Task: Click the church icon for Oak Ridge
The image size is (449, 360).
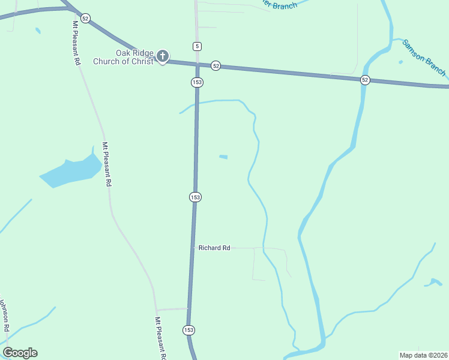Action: pyautogui.click(x=162, y=57)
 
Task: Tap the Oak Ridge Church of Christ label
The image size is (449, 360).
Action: pyautogui.click(x=124, y=57)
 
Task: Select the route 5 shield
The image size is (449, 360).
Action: pyautogui.click(x=197, y=46)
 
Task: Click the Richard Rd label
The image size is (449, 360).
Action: pyautogui.click(x=214, y=247)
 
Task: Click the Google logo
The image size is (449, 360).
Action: pyautogui.click(x=20, y=352)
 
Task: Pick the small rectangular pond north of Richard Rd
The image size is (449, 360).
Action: pyautogui.click(x=223, y=157)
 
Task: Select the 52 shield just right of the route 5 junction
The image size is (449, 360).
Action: pyautogui.click(x=216, y=65)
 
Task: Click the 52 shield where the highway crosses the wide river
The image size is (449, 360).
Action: pyautogui.click(x=365, y=80)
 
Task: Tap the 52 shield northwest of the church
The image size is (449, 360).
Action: pyautogui.click(x=85, y=19)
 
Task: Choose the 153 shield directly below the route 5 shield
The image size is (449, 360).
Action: pyautogui.click(x=197, y=82)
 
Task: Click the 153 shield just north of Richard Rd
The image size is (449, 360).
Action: pyautogui.click(x=194, y=197)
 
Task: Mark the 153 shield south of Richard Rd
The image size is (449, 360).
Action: pyautogui.click(x=188, y=330)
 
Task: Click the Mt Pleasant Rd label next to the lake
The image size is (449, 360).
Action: pyautogui.click(x=106, y=164)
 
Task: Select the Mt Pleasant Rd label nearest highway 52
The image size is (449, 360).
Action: pyautogui.click(x=77, y=43)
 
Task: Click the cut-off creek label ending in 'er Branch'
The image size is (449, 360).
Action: pyautogui.click(x=277, y=5)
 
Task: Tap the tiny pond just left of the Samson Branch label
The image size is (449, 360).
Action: pyautogui.click(x=400, y=61)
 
